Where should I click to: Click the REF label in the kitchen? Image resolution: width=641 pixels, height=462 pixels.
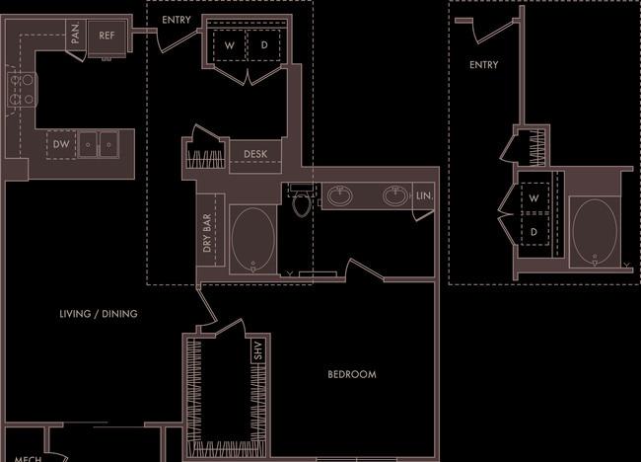[107, 36]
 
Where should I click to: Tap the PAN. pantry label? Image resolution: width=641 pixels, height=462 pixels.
[76, 34]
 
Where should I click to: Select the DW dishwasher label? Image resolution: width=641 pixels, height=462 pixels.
[61, 144]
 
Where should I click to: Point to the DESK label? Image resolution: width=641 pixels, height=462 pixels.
[255, 154]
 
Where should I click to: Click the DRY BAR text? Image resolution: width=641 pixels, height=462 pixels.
[207, 233]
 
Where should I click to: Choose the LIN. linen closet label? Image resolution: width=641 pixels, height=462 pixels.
[424, 196]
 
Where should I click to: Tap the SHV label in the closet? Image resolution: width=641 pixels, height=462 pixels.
[257, 350]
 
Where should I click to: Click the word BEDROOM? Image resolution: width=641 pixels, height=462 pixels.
[352, 374]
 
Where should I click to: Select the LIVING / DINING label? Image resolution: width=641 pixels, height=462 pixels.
[99, 314]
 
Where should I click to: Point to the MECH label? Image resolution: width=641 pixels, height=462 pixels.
[28, 459]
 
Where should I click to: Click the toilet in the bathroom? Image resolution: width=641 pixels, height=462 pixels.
[302, 200]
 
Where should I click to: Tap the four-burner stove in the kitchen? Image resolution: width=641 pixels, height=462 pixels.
[22, 90]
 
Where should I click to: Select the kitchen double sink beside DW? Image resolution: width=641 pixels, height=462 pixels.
[98, 144]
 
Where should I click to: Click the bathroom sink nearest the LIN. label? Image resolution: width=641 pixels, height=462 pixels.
[395, 195]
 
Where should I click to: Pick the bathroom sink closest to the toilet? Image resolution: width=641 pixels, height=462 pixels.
[339, 195]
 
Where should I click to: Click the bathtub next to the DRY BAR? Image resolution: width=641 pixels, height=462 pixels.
[253, 240]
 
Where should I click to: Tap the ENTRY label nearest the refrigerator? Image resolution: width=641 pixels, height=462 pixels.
[177, 20]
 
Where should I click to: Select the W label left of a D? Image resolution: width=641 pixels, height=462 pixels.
[230, 45]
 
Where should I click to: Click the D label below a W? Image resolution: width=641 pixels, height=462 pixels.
[534, 232]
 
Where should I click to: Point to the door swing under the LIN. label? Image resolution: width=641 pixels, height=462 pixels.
[423, 215]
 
